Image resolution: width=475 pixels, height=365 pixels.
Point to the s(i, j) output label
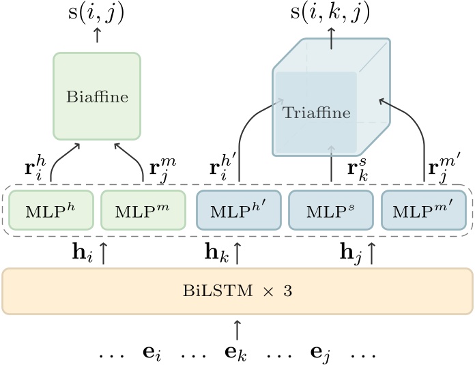(96, 14)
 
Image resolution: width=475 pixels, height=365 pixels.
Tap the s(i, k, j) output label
(332, 14)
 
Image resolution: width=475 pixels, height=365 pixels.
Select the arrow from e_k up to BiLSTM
(237, 330)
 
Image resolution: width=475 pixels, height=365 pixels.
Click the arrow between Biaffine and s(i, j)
(96, 36)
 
